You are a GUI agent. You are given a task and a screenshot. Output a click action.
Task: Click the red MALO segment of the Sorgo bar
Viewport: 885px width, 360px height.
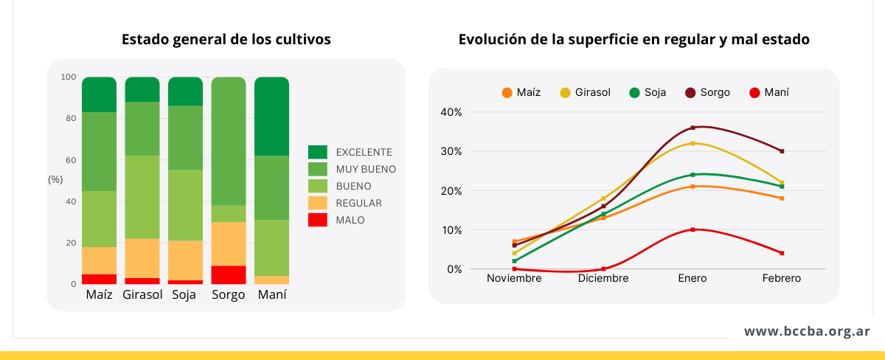click(229, 274)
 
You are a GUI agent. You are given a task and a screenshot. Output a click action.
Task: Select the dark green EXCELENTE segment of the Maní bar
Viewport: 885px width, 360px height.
click(271, 116)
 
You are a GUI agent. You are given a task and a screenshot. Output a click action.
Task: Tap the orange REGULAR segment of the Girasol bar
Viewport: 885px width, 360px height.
click(142, 258)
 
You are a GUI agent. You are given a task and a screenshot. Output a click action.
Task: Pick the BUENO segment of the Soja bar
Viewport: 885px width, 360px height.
click(185, 205)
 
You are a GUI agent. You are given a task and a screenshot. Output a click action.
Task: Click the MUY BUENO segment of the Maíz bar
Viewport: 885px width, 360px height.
click(99, 151)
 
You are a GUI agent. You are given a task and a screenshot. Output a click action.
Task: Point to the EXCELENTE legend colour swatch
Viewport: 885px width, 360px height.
click(317, 152)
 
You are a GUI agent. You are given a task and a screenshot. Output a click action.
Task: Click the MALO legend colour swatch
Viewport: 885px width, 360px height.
click(317, 220)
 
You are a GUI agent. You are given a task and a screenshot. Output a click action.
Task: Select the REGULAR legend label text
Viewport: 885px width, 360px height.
click(358, 203)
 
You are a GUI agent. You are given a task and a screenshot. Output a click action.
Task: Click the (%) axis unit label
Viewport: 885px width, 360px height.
click(55, 179)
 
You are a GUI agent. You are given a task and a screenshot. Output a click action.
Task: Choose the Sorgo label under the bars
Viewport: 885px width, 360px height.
click(229, 296)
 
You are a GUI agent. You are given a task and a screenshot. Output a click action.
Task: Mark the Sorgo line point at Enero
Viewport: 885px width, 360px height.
click(693, 128)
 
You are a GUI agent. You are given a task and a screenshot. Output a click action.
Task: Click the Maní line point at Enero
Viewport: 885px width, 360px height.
click(693, 229)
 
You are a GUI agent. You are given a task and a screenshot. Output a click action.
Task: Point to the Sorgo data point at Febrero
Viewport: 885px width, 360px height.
click(782, 151)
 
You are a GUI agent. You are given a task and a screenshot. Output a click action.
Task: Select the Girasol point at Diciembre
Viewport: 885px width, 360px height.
click(603, 198)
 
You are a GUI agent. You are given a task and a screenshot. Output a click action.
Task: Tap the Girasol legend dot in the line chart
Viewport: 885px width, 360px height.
click(566, 93)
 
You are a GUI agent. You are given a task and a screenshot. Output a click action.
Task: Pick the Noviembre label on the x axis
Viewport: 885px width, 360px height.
click(514, 279)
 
